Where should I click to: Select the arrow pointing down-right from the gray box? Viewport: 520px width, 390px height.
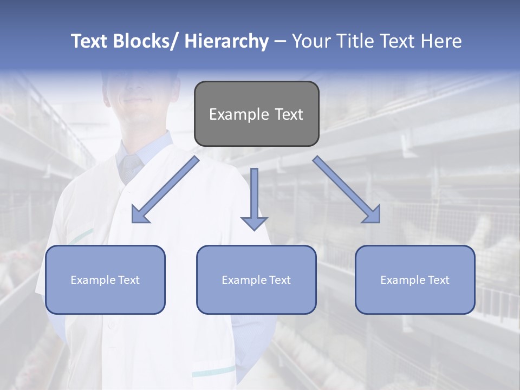pos(347,190)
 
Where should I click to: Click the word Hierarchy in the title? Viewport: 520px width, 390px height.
pos(226,41)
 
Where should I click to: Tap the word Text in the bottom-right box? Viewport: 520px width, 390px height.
pos(438,280)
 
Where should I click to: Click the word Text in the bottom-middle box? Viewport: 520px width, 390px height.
pos(279,280)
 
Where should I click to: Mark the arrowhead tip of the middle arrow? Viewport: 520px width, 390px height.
pos(254,230)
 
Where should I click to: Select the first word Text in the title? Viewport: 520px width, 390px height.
pos(90,41)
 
